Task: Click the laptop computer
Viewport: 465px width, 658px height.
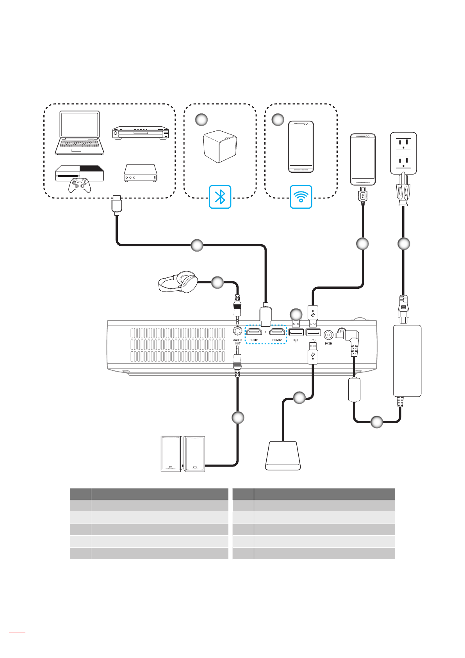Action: pos(79,133)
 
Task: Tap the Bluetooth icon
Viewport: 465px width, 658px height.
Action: pos(220,197)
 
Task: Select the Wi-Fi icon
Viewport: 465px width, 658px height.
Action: pos(301,197)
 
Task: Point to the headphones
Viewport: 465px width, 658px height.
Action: pos(178,282)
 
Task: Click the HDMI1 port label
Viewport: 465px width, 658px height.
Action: pos(254,340)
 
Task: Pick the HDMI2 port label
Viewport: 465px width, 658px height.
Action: pos(277,340)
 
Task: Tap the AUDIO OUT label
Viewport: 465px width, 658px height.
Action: pos(237,342)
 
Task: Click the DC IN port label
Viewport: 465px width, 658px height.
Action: pos(328,343)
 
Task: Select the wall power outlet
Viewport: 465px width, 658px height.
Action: pos(403,153)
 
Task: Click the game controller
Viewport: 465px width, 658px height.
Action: pos(80,185)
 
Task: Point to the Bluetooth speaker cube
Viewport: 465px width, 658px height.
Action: pos(220,147)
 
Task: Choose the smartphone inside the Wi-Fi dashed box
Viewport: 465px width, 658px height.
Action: pos(301,147)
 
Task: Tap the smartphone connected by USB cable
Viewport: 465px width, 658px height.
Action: pos(363,159)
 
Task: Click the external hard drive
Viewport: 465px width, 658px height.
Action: pos(283,456)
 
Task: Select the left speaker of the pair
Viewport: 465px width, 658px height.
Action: pos(171,454)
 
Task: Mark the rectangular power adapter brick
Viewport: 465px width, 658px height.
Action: pos(407,360)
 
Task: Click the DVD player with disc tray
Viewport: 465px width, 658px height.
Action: pos(141,133)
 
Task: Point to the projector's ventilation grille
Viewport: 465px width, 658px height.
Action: pos(177,345)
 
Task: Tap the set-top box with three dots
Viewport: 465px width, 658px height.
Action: pos(140,173)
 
